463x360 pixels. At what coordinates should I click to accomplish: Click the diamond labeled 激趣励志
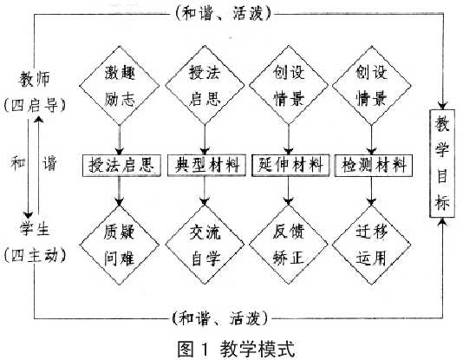[x=120, y=86]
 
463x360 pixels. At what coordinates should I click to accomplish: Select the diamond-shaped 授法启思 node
[x=205, y=86]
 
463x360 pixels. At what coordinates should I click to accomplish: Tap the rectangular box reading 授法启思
[x=121, y=165]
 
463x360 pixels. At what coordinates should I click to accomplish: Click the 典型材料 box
[x=206, y=165]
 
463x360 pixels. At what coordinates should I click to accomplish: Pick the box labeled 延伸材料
[x=290, y=165]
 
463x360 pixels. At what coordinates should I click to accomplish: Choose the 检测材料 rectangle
[x=373, y=165]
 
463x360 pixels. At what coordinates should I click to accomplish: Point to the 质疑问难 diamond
[x=120, y=245]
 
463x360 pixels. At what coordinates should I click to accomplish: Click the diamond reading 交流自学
[x=205, y=245]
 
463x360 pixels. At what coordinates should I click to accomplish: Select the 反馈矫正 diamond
[x=289, y=245]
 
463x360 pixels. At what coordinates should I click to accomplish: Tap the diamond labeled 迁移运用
[x=371, y=245]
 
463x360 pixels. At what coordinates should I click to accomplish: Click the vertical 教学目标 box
[x=441, y=163]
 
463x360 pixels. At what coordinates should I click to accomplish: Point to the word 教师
[x=35, y=79]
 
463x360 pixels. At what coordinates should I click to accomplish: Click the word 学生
[x=35, y=229]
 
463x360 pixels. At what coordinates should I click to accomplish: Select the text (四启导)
[x=35, y=105]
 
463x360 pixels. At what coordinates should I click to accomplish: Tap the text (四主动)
[x=35, y=255]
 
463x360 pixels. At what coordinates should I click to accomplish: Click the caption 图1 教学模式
[x=236, y=349]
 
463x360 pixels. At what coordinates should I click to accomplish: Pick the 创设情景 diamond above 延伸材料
[x=289, y=86]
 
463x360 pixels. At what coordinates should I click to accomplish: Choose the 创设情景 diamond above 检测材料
[x=371, y=86]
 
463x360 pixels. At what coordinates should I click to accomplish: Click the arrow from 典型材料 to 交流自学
[x=205, y=191]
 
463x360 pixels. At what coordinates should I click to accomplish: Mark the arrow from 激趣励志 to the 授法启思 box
[x=120, y=140]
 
